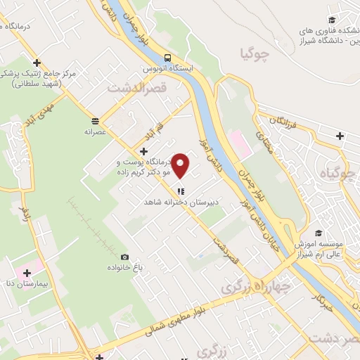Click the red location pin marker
[x=181, y=166]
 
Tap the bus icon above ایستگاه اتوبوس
[x=167, y=58]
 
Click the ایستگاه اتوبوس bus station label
[x=167, y=69]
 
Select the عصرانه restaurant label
[x=95, y=131]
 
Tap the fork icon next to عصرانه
[x=95, y=120]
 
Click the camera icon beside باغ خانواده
[x=125, y=257]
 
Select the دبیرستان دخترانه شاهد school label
[x=179, y=201]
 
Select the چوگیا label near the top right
[x=275, y=53]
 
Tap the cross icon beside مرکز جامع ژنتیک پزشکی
[x=37, y=63]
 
